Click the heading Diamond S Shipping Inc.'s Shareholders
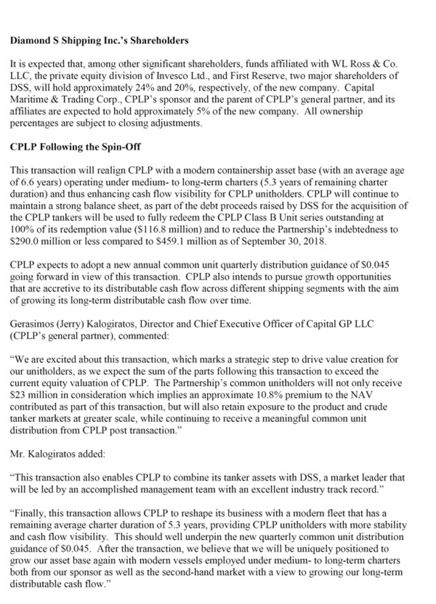coord(99,41)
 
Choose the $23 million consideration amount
coord(30,397)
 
